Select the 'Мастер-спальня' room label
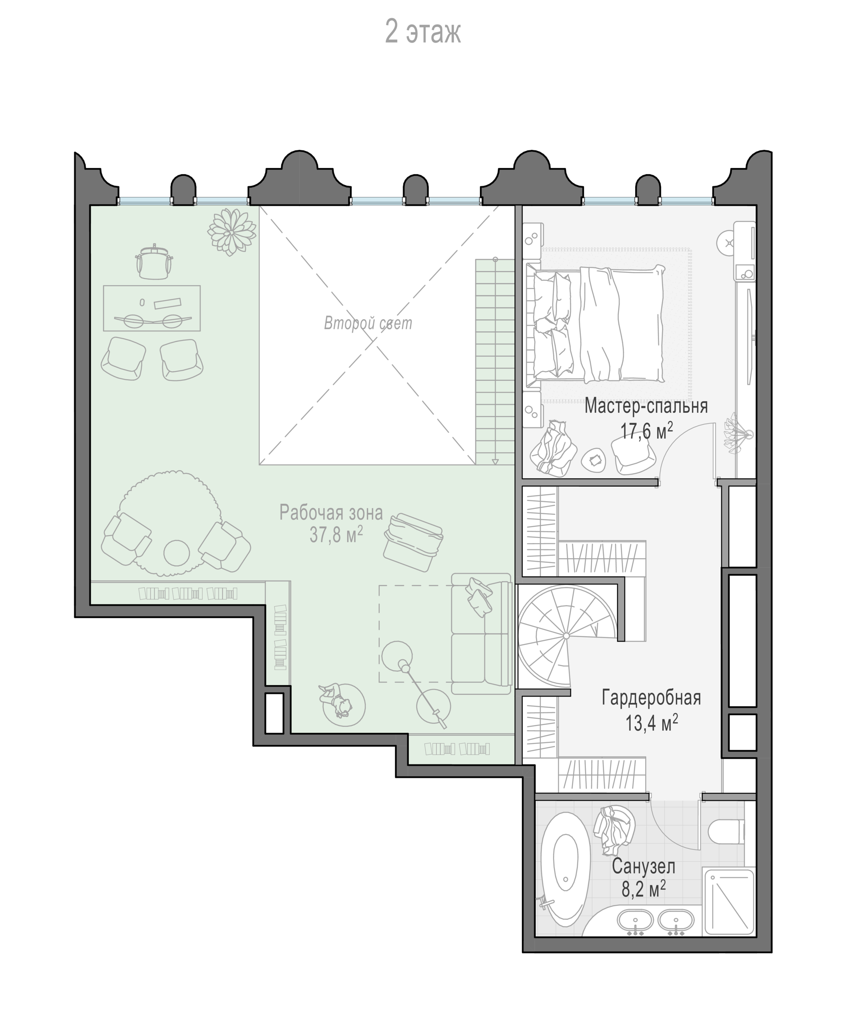(x=646, y=406)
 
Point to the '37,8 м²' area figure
(x=336, y=535)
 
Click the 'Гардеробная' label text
(x=651, y=698)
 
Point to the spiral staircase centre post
(x=566, y=636)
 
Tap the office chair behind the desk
(x=154, y=262)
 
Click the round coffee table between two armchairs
(x=176, y=553)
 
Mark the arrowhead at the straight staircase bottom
(x=495, y=461)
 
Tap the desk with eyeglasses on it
(x=152, y=308)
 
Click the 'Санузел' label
(x=644, y=867)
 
